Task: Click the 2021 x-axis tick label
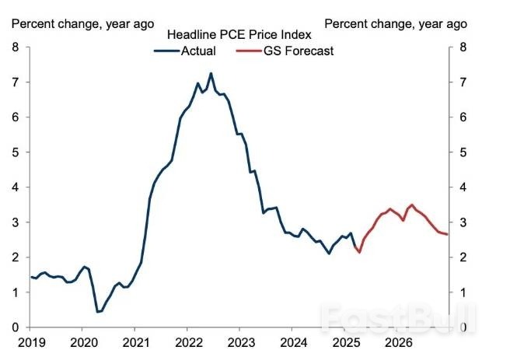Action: tap(135, 343)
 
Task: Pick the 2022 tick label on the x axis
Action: tap(188, 343)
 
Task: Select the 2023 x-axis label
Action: tap(240, 343)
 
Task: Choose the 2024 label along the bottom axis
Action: tap(293, 343)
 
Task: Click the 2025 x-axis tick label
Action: tap(346, 343)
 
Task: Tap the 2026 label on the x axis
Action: tap(398, 343)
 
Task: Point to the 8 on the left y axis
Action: tap(16, 47)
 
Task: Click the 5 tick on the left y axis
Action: tap(16, 152)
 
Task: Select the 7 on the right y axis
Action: tap(463, 82)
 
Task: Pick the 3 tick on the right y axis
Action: tap(463, 222)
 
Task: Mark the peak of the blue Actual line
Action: tap(211, 73)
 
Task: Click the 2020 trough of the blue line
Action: tap(98, 312)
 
